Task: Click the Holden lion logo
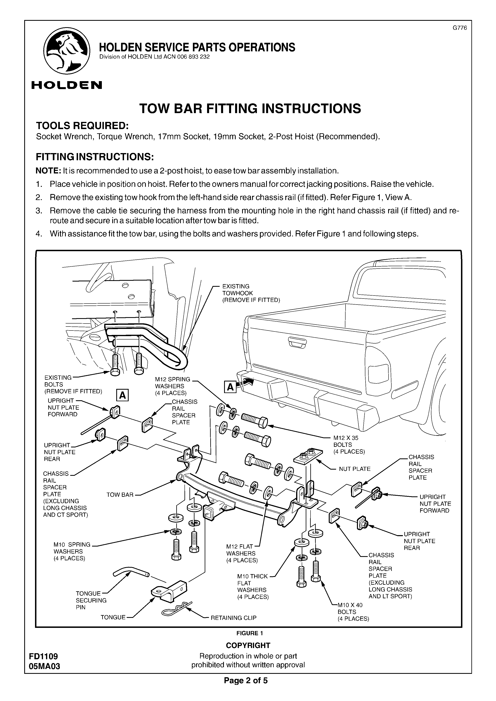coord(67,51)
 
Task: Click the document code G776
coord(460,28)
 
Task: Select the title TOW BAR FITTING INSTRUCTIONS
coord(250,108)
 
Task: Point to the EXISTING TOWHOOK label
coord(251,293)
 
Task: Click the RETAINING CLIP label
coord(233,618)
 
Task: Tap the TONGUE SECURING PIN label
coord(91,600)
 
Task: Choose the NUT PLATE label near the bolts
coord(355,469)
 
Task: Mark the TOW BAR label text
coord(120,495)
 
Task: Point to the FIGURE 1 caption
coord(249,633)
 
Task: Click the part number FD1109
coord(43,656)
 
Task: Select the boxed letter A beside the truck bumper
coord(230,387)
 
